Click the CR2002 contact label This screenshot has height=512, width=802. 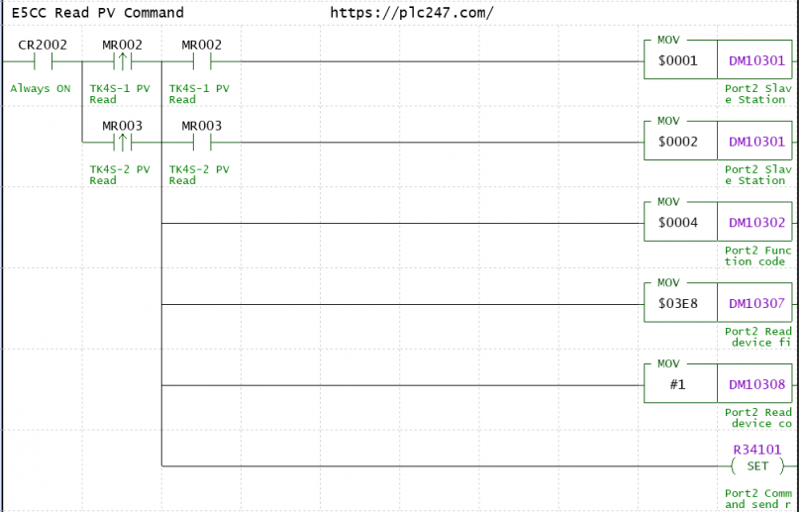pos(43,45)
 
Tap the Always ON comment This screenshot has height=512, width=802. pos(41,88)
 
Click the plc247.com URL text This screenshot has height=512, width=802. pos(412,13)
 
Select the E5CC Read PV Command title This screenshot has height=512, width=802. pos(98,13)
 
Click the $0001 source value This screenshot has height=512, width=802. pos(677,60)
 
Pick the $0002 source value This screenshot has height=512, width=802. pos(677,142)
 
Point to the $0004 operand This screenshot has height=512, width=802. pos(677,223)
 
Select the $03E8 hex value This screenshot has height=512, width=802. pos(677,303)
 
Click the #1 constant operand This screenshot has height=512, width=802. pos(677,384)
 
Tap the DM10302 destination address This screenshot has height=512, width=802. pos(756,223)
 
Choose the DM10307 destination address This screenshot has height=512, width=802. pos(756,303)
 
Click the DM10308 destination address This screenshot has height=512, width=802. pos(756,384)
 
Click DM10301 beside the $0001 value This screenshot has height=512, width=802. pos(756,60)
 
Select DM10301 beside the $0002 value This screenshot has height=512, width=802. pos(756,142)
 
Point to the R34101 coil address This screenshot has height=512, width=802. pos(757,450)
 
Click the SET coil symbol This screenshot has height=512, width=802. pos(757,466)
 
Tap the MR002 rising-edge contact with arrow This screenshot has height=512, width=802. pos(123,61)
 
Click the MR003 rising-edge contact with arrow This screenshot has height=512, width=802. pos(123,143)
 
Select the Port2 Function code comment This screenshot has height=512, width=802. pos(757,256)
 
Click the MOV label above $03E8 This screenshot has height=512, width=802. pos(668,283)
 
